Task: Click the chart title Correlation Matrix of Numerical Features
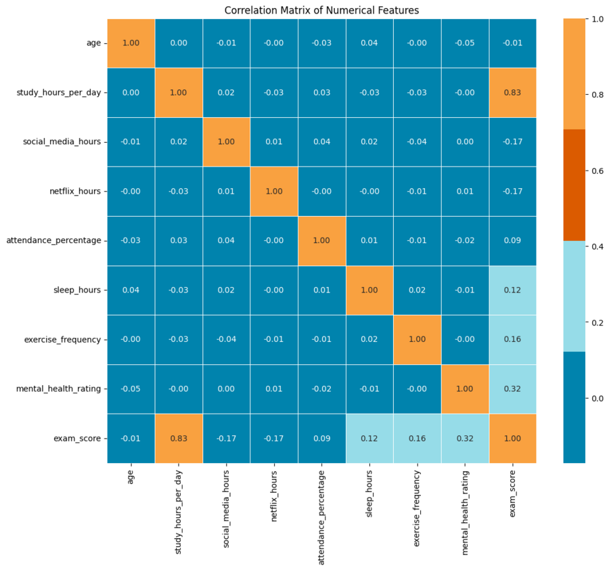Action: tap(321, 10)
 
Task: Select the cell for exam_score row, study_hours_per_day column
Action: tap(179, 439)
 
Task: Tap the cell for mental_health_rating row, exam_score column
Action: tap(512, 389)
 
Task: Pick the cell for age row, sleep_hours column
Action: tap(369, 43)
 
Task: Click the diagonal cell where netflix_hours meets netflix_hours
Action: tap(274, 192)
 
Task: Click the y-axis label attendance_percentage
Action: tap(53, 241)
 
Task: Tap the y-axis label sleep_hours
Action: tap(78, 290)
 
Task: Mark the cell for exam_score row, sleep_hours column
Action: tap(369, 439)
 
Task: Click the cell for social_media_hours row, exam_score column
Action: tap(512, 142)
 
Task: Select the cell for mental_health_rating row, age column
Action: tap(131, 389)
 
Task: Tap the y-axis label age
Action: tap(93, 43)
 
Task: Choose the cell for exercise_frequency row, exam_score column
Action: tap(512, 340)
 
